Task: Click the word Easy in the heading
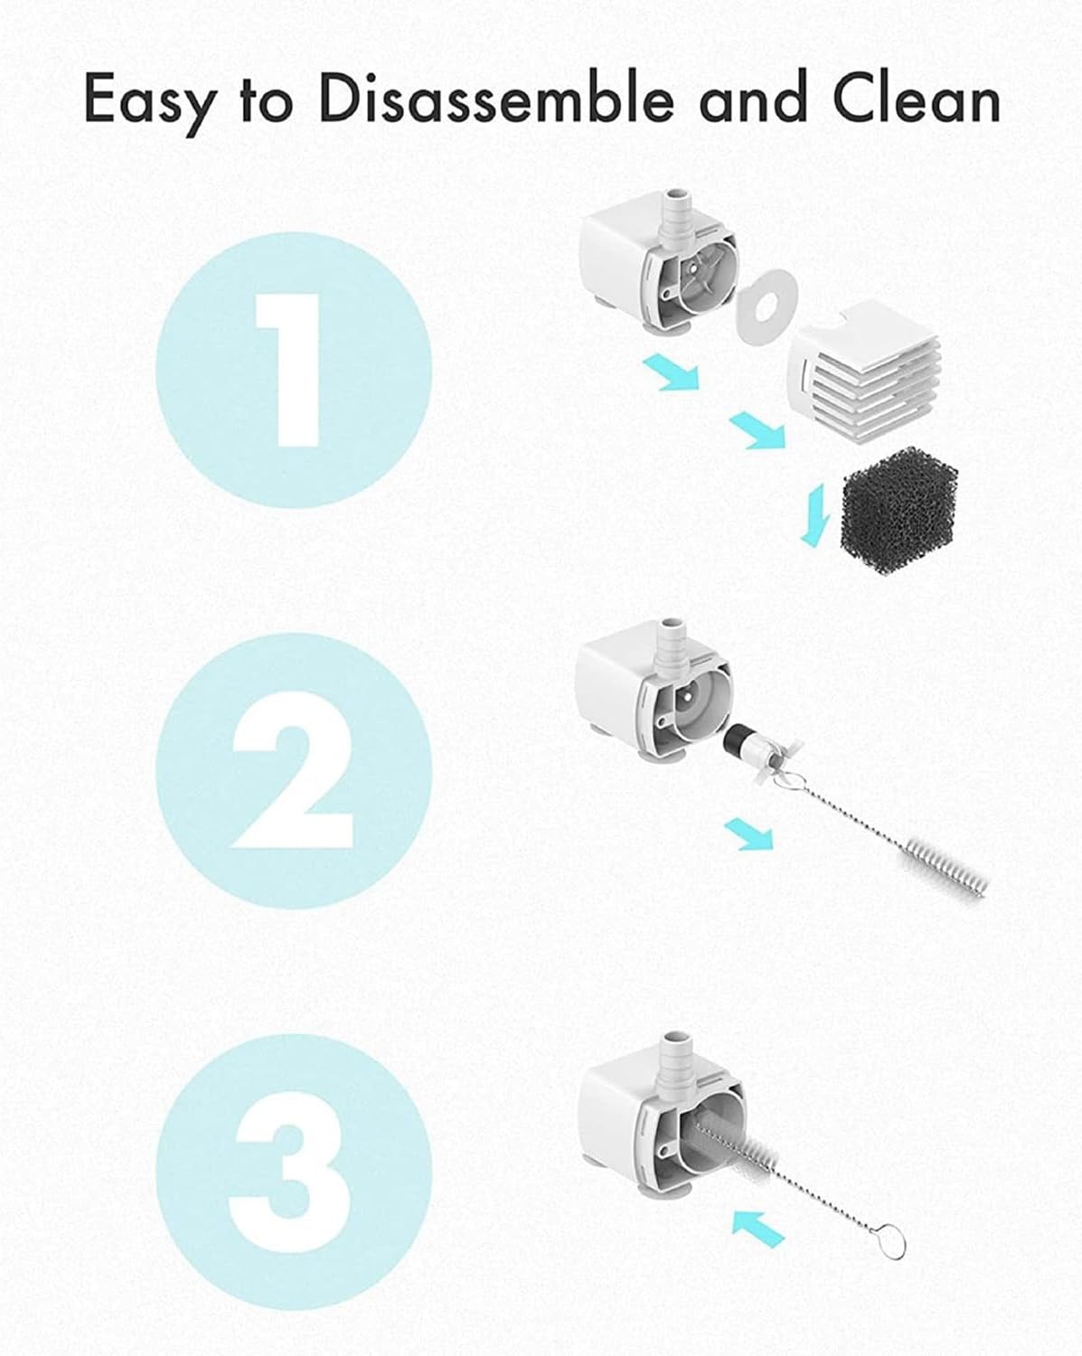(x=149, y=101)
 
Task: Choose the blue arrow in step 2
(x=749, y=833)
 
